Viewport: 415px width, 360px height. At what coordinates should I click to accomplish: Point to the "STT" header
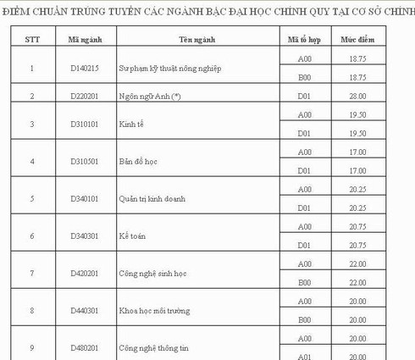pos(32,40)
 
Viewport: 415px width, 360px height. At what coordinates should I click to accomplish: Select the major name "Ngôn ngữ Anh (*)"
pos(151,97)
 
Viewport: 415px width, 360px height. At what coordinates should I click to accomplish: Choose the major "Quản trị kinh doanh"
pos(152,199)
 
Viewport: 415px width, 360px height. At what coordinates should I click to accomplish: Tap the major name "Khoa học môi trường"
pos(155,310)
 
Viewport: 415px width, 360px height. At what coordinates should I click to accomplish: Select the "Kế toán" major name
pos(133,235)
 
